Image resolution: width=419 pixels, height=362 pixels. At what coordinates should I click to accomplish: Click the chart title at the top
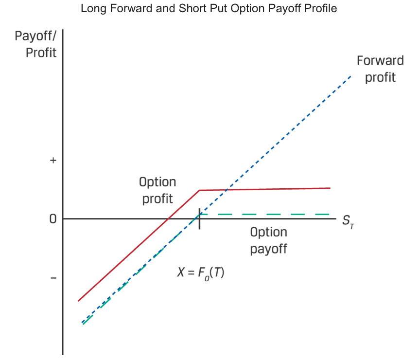coord(209,9)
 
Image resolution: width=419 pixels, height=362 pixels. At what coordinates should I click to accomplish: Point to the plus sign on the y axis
coord(53,160)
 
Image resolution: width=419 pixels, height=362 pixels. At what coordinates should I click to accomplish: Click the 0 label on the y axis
coord(52,219)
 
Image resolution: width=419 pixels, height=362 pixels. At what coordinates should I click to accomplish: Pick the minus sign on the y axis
coord(53,278)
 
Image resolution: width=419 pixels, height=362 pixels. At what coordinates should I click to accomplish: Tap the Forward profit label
coord(380,69)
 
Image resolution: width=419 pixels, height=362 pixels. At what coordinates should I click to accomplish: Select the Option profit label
coord(157,191)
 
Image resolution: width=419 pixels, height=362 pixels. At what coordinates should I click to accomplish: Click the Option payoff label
coord(269,240)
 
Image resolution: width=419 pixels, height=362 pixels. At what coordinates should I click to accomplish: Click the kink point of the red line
coord(199,190)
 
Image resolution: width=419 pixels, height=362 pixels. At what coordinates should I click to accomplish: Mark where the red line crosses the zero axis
coord(167,218)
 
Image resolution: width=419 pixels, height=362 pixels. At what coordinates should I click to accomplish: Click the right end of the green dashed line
coord(330,214)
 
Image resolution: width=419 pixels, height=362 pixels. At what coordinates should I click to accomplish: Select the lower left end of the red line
coord(78,301)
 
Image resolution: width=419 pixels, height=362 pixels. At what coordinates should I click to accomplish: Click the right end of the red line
coord(330,188)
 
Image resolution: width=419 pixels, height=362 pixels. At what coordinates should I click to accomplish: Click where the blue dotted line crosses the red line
coord(227,190)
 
